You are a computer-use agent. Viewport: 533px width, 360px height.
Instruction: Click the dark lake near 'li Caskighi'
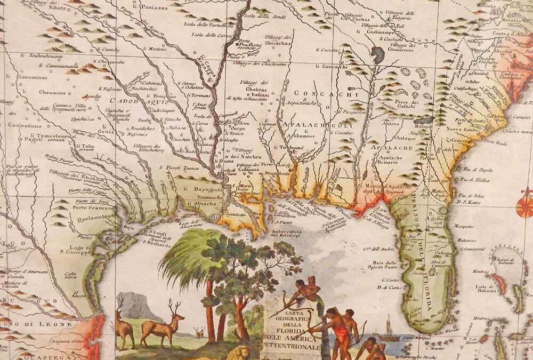click(377, 54)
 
